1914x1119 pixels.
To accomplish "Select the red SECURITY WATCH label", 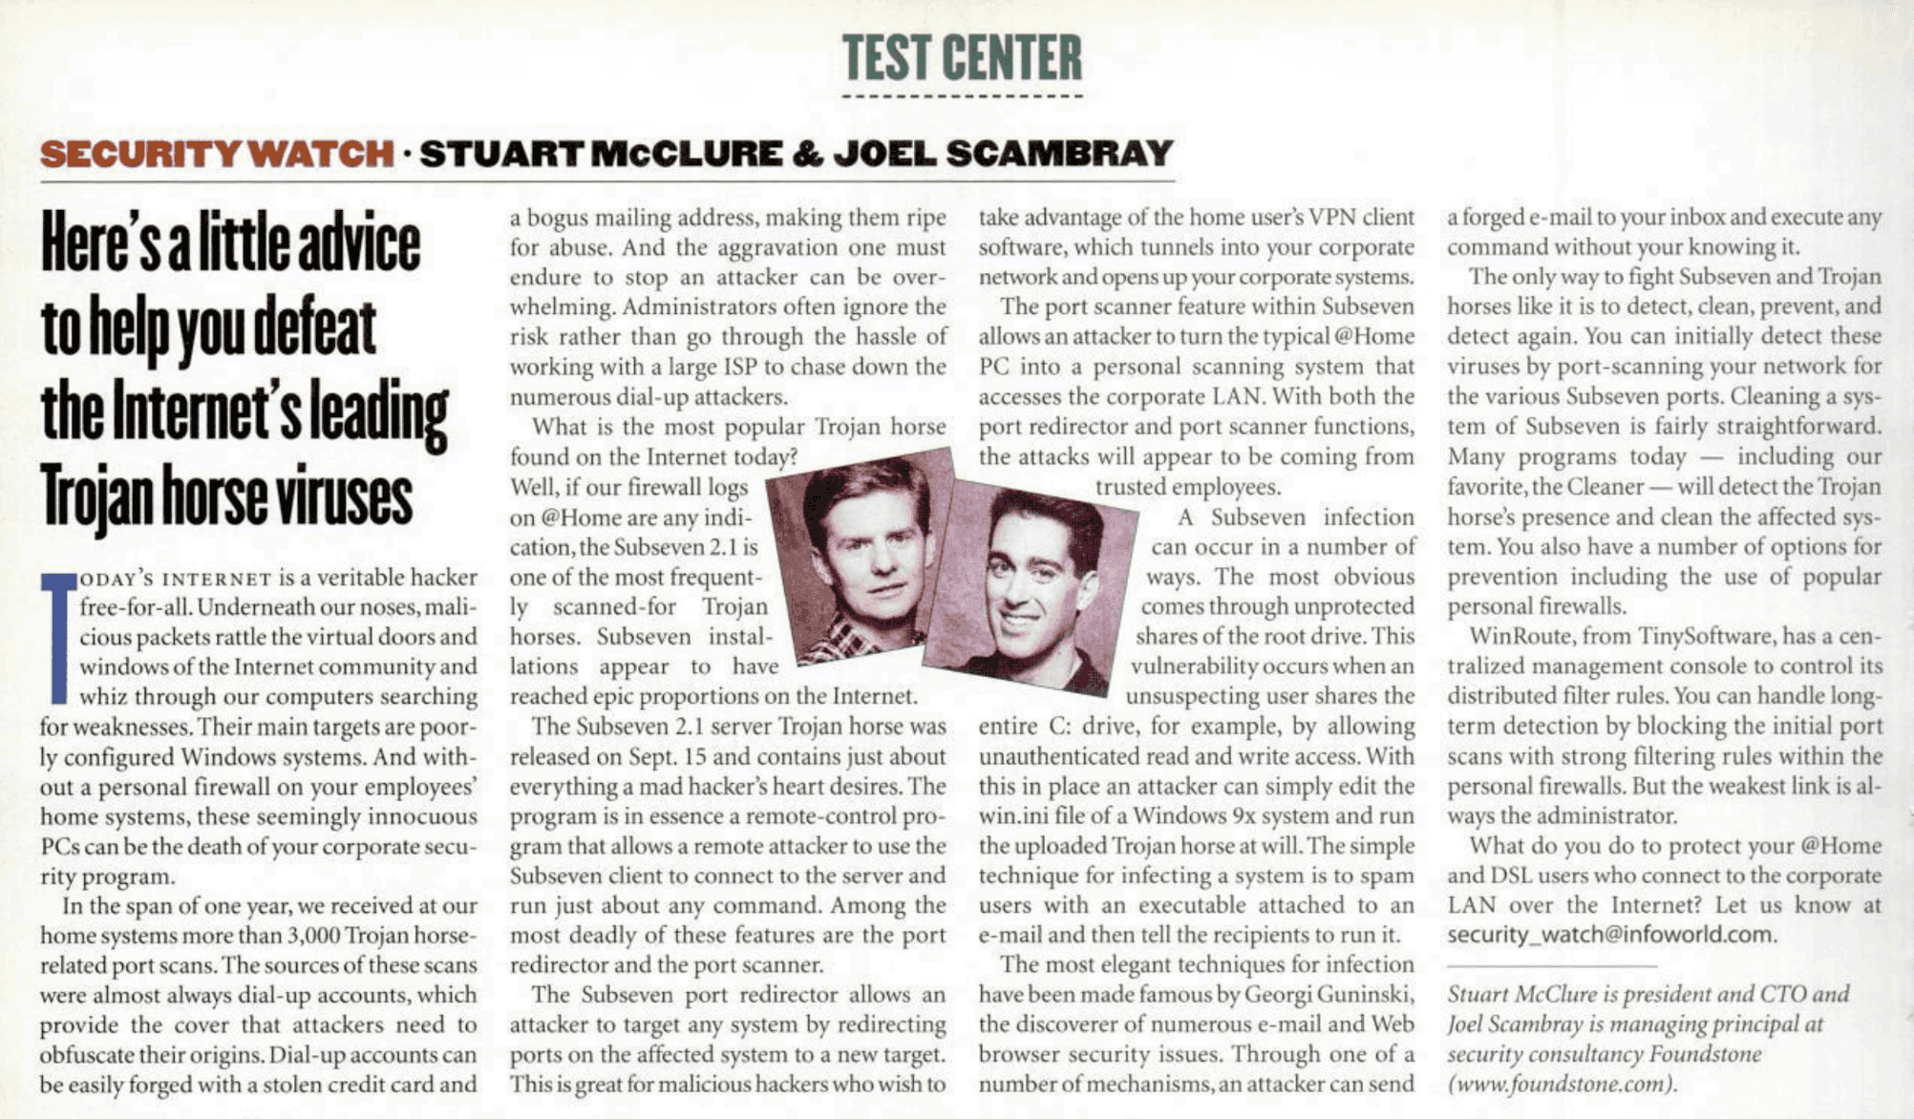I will (x=217, y=154).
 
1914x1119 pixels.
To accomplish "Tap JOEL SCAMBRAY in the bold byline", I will (x=1003, y=154).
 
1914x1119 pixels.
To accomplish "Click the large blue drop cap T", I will (x=58, y=637).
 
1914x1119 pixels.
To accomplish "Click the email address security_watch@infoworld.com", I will (x=1610, y=935).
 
